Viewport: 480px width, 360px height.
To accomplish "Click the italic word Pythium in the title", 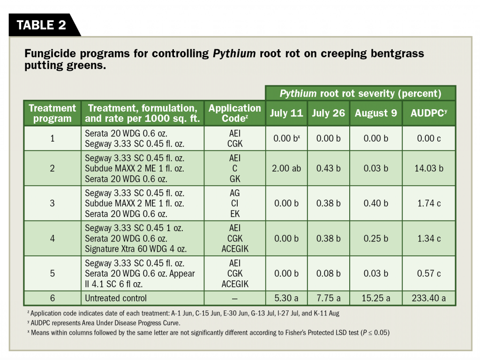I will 234,53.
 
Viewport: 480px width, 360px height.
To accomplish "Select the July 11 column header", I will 286,113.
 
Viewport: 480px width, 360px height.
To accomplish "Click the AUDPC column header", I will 428,113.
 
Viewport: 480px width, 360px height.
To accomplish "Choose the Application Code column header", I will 234,113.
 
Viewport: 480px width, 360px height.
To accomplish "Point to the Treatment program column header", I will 52,113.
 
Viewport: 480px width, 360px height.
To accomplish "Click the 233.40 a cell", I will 428,298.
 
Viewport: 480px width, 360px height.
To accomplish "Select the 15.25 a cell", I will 375,298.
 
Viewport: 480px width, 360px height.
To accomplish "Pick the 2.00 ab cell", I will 286,168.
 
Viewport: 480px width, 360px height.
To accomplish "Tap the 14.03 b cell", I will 428,168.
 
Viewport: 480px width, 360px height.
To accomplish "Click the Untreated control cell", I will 116,298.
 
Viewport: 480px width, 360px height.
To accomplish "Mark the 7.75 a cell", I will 328,298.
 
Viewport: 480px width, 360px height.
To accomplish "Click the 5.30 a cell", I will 286,298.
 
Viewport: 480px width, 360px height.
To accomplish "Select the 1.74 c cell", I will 428,203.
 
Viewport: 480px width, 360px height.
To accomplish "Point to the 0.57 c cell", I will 428,274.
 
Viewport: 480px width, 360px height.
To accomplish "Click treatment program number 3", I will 52,203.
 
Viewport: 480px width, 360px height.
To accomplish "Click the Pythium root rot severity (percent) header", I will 360,93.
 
